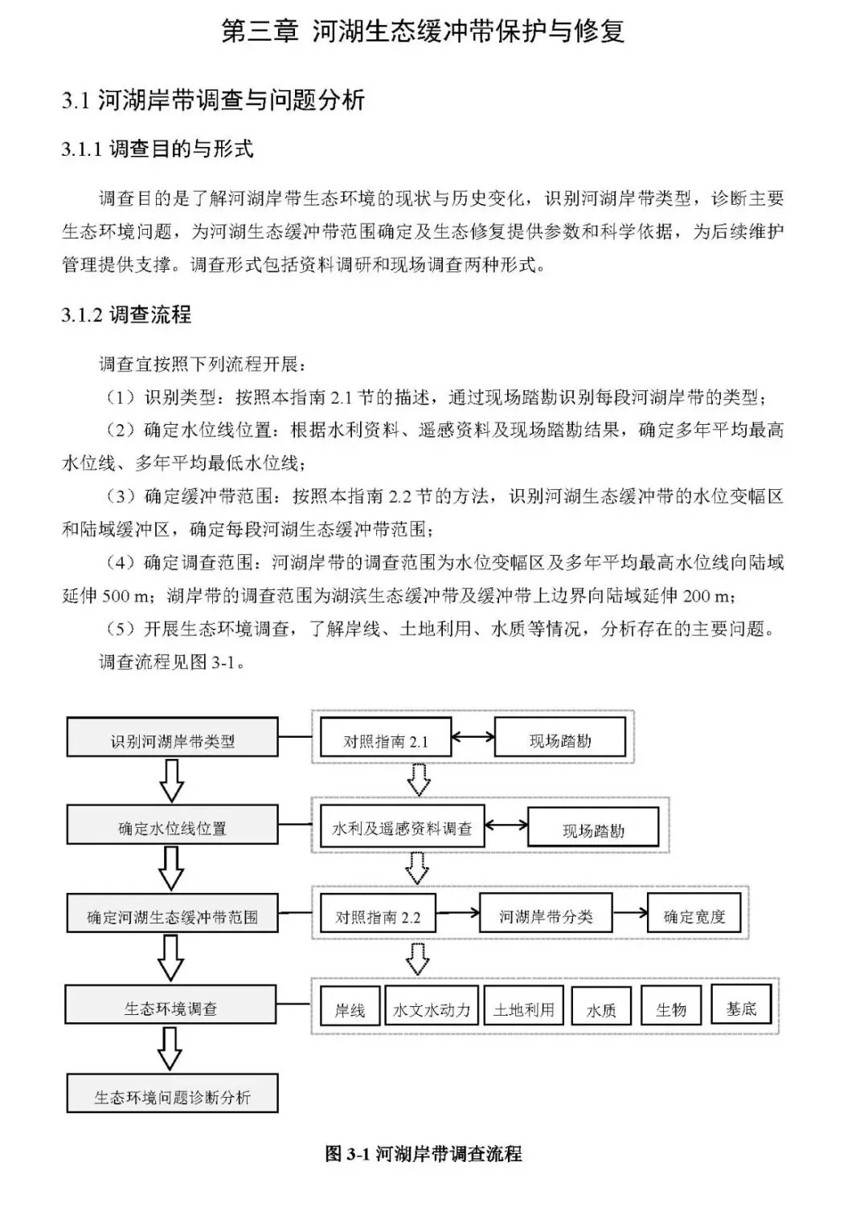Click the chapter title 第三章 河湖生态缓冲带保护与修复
coord(424,32)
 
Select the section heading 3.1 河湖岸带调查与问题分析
coord(213,100)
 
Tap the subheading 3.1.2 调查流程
coord(126,315)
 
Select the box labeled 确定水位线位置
coord(172,827)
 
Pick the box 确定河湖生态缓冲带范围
coord(172,915)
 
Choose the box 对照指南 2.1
coord(385,740)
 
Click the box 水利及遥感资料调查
coord(402,828)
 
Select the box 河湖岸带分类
coord(546,915)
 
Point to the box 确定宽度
coord(694,915)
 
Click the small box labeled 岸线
coord(349,1009)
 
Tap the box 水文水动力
coord(432,1009)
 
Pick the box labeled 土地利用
coord(523,1009)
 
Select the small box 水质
coord(601,1009)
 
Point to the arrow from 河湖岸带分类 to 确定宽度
coord(629,912)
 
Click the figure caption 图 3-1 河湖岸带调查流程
coord(424,1154)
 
